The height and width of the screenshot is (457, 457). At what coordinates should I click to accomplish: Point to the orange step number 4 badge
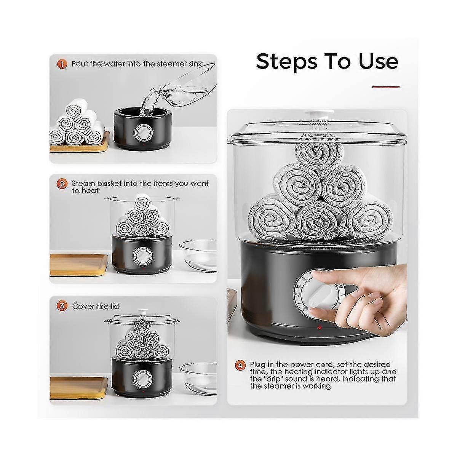point(240,365)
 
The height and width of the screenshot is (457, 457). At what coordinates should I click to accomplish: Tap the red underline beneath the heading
point(385,87)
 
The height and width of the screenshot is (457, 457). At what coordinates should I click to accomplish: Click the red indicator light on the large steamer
point(320,327)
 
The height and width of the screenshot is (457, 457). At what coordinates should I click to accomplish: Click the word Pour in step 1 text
point(80,64)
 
